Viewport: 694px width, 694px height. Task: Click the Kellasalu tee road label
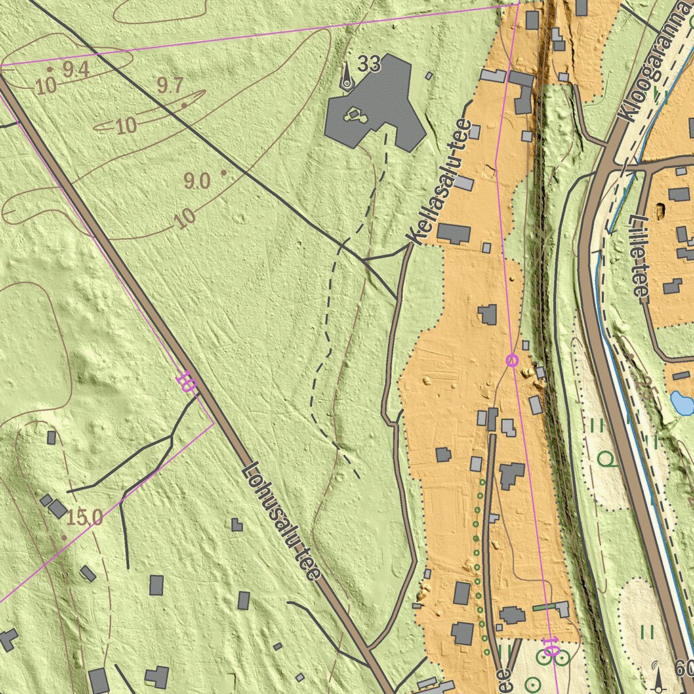439,182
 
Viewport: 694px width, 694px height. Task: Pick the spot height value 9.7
169,86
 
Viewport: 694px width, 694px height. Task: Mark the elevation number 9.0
197,181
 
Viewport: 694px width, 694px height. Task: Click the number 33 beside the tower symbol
369,64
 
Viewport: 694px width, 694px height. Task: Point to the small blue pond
681,403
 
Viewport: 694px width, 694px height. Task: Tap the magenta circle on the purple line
512,361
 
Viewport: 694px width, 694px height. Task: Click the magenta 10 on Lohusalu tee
186,382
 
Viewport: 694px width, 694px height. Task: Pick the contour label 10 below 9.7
126,126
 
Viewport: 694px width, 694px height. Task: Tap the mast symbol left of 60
657,676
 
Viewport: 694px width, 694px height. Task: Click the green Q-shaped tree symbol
608,460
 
